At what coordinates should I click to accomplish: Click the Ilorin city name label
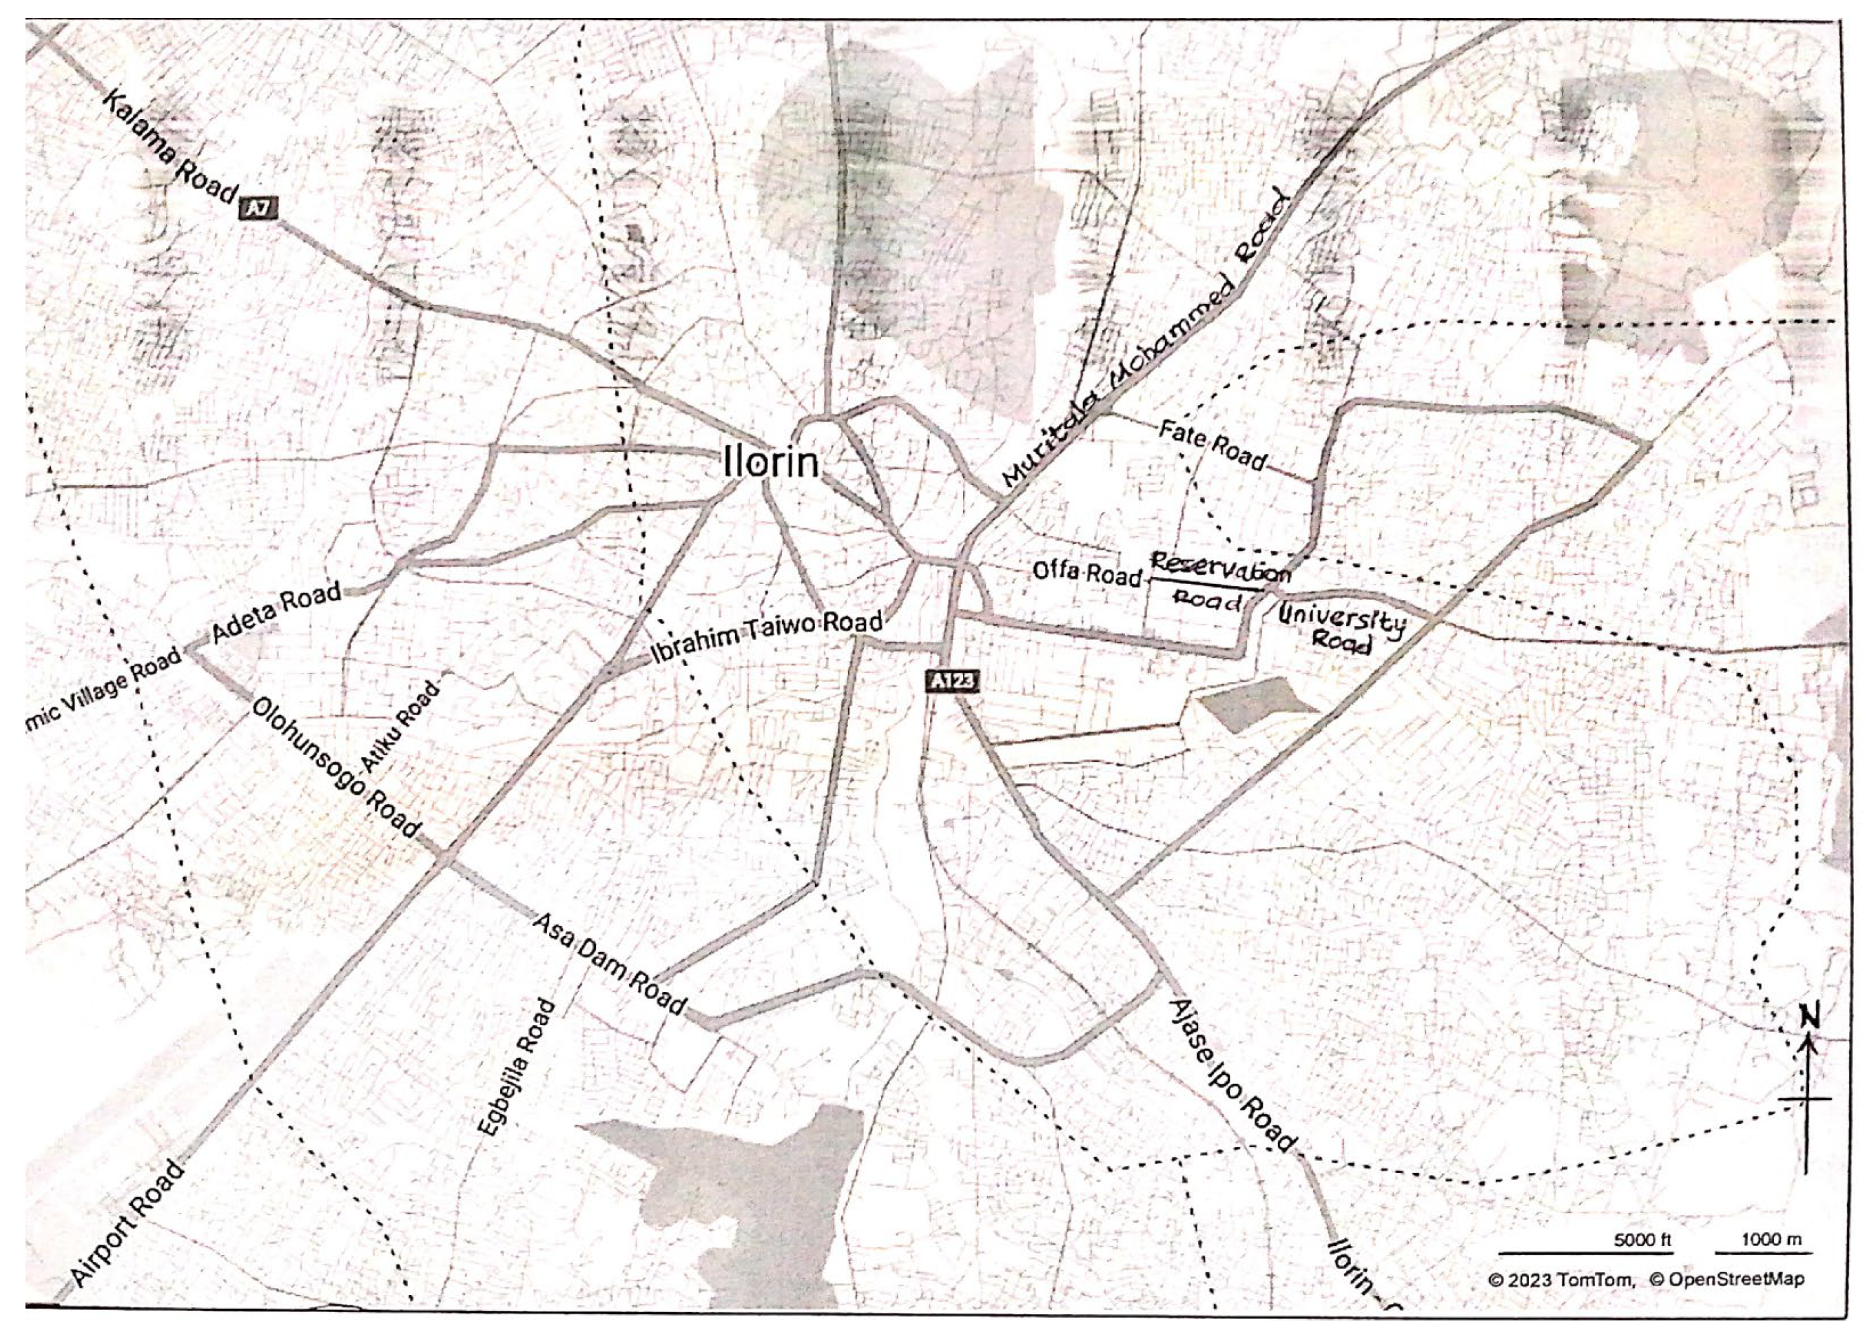point(770,463)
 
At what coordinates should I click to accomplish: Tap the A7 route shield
point(258,209)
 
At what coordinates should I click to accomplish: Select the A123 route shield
point(952,681)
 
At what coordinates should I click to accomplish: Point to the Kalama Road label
point(170,147)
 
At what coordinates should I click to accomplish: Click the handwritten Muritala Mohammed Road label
point(1145,340)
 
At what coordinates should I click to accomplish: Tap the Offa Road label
point(1085,572)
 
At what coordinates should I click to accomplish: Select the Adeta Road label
point(276,611)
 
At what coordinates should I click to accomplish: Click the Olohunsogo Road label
point(336,767)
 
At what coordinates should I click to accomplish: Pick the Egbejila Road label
point(516,1067)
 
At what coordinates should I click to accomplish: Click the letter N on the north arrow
point(1810,1018)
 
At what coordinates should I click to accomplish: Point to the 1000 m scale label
point(1771,1240)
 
